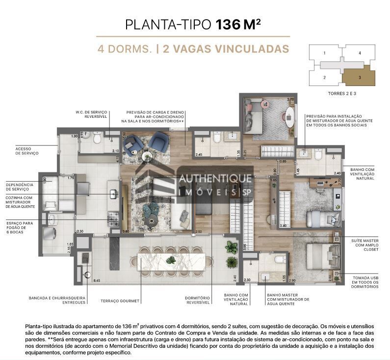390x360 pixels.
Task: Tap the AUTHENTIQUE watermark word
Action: click(216, 180)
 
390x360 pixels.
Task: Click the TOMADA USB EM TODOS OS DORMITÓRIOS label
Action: click(365, 282)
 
